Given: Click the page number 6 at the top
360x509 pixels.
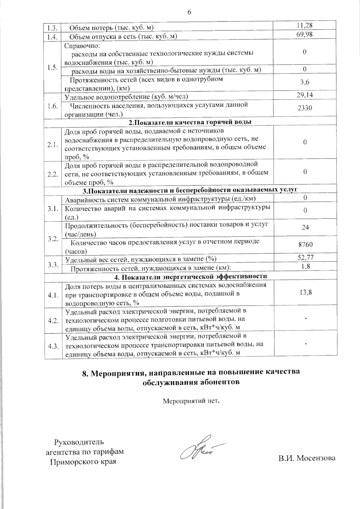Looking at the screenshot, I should click(x=189, y=12).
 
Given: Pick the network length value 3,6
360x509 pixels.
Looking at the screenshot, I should click(x=305, y=82).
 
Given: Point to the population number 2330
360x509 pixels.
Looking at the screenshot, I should click(x=305, y=108).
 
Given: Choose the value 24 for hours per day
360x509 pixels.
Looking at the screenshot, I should click(x=305, y=227).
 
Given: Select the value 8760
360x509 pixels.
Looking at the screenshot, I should click(x=305, y=244).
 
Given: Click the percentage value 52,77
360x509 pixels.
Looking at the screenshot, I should click(x=305, y=257).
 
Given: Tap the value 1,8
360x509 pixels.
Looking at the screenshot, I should click(x=305, y=266).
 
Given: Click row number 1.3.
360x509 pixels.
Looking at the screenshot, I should click(x=52, y=28).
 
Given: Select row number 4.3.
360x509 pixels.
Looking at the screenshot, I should click(x=53, y=346).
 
